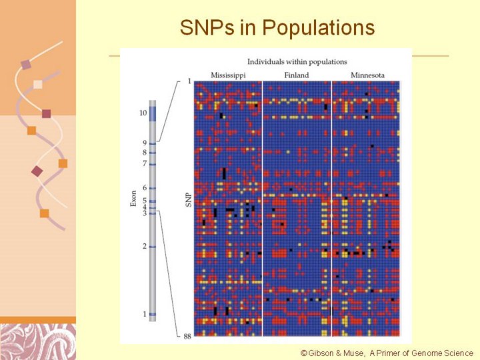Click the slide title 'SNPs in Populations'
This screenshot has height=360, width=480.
(x=277, y=28)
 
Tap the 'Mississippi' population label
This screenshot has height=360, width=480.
(x=228, y=75)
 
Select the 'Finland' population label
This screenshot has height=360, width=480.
(x=296, y=75)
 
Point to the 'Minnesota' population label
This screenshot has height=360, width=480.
(x=366, y=75)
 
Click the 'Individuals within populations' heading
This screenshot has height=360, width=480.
(x=297, y=61)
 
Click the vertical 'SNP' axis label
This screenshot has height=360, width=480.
(x=187, y=199)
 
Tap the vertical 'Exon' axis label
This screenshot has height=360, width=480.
(x=133, y=197)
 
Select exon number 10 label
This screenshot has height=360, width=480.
(x=143, y=113)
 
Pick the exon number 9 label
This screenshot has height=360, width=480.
(x=144, y=143)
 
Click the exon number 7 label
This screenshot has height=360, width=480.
(x=144, y=163)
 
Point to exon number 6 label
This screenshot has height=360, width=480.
(x=144, y=188)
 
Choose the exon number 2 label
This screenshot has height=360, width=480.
(x=144, y=246)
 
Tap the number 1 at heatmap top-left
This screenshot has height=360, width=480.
(x=189, y=81)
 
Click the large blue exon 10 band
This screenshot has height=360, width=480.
(x=153, y=113)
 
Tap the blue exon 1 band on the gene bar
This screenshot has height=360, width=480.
(x=153, y=314)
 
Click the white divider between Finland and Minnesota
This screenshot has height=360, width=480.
(x=331, y=207)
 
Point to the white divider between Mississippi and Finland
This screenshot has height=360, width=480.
(x=262, y=207)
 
